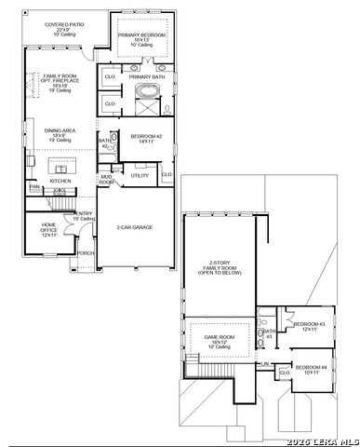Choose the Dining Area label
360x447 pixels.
click(x=59, y=135)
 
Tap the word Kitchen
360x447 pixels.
click(x=47, y=181)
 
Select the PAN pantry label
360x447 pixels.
click(x=33, y=187)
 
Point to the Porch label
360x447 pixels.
click(x=86, y=252)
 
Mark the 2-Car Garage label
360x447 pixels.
click(x=135, y=226)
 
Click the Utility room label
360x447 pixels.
click(x=140, y=175)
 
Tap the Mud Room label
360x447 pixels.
click(x=107, y=179)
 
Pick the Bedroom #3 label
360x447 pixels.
click(x=305, y=326)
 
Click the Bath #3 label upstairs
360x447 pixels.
click(x=268, y=333)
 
